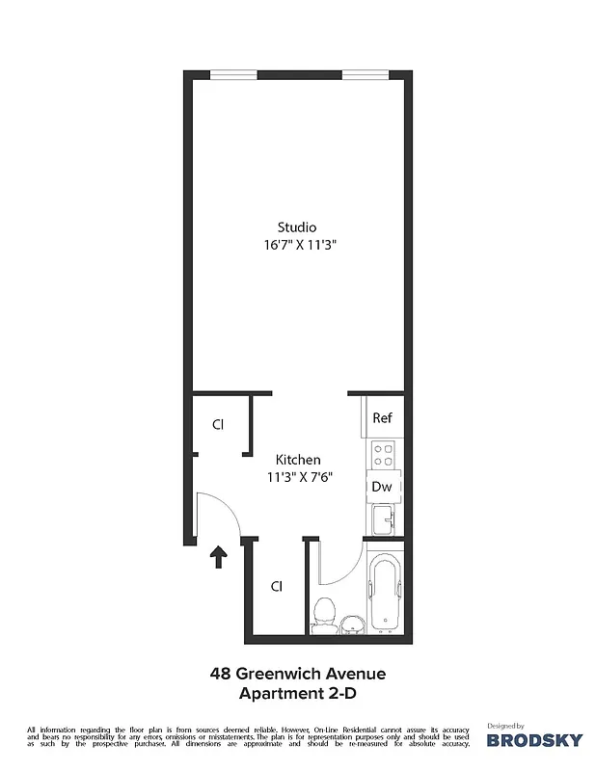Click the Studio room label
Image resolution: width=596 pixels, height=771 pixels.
click(x=297, y=227)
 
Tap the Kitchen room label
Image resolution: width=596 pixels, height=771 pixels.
click(x=298, y=460)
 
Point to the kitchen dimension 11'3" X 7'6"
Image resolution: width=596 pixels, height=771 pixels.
click(x=300, y=476)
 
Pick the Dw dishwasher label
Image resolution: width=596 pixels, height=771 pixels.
click(x=382, y=487)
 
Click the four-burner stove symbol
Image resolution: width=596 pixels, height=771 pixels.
click(x=382, y=453)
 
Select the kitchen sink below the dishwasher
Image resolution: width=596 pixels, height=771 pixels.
click(x=383, y=520)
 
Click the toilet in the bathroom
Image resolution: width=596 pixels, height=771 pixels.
click(x=325, y=613)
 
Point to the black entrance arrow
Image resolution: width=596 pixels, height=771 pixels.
click(x=219, y=556)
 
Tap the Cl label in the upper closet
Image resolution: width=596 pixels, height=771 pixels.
click(x=218, y=424)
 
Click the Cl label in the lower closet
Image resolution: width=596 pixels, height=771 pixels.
click(x=276, y=585)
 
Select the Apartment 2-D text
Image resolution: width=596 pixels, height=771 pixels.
click(x=297, y=692)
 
